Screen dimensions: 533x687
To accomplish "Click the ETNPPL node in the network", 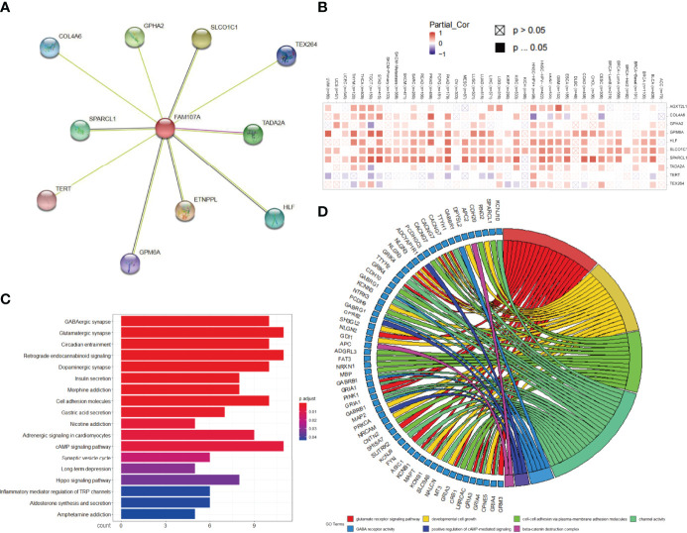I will (x=184, y=211).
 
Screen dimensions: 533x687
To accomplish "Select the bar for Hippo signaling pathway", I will (x=179, y=480).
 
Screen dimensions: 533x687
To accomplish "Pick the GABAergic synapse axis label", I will (x=82, y=319).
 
